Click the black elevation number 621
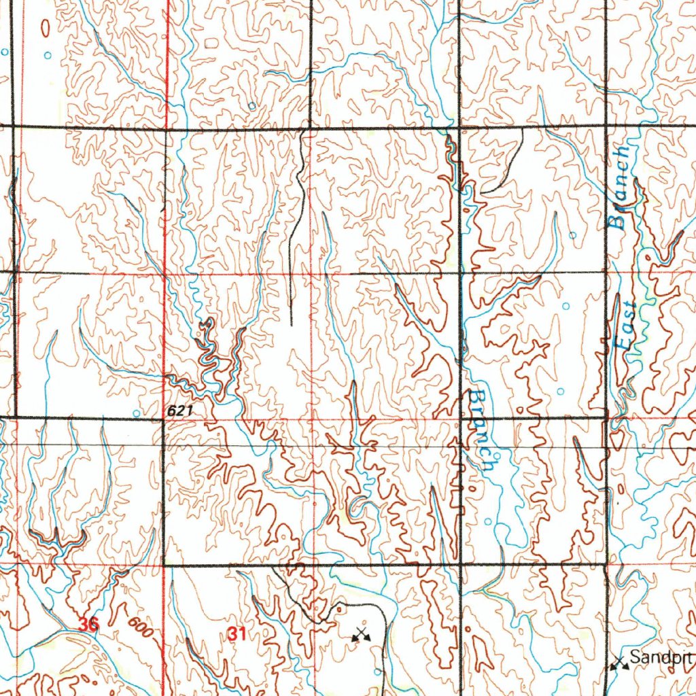(x=181, y=411)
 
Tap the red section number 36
(x=87, y=624)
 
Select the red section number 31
(x=237, y=634)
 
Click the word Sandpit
(x=661, y=657)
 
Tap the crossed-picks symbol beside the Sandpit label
(x=618, y=663)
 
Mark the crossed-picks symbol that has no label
(x=360, y=636)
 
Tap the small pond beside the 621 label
(x=137, y=413)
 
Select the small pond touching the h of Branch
(x=497, y=456)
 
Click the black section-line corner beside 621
(x=164, y=419)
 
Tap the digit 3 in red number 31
(x=232, y=634)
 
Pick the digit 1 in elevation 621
(x=191, y=411)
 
